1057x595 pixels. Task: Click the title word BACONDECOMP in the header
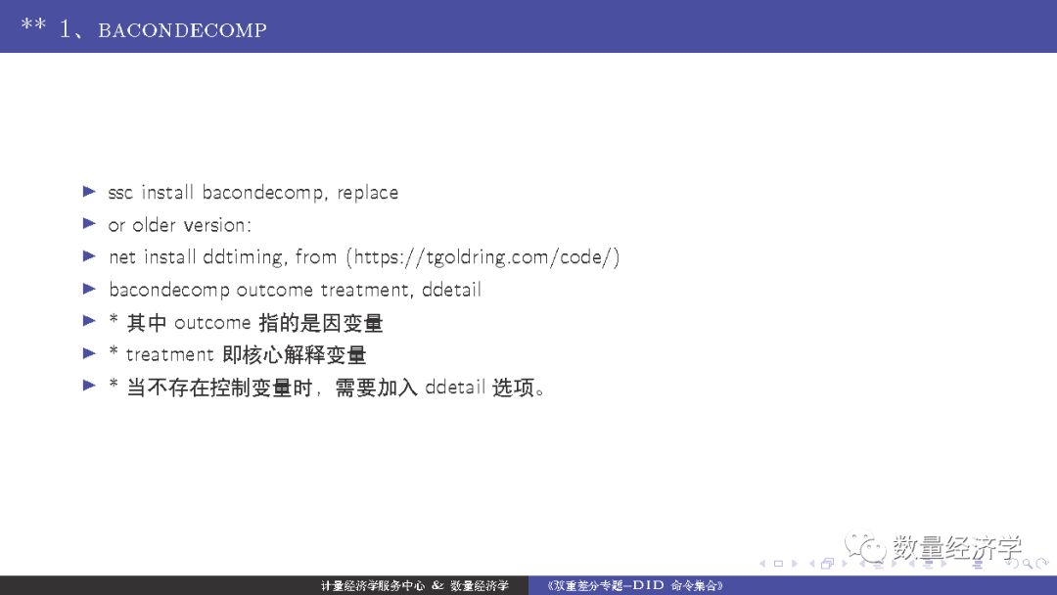click(x=182, y=29)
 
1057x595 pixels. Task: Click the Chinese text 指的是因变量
click(x=321, y=323)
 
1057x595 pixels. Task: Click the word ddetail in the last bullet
click(x=455, y=388)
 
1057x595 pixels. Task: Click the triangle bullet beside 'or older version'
click(x=89, y=224)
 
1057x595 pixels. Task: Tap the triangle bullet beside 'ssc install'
click(x=89, y=192)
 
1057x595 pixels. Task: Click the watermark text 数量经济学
click(x=956, y=548)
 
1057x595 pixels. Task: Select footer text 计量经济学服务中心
click(x=373, y=586)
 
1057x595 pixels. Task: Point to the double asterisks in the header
click(x=33, y=25)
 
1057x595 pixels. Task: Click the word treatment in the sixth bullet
click(x=170, y=354)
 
